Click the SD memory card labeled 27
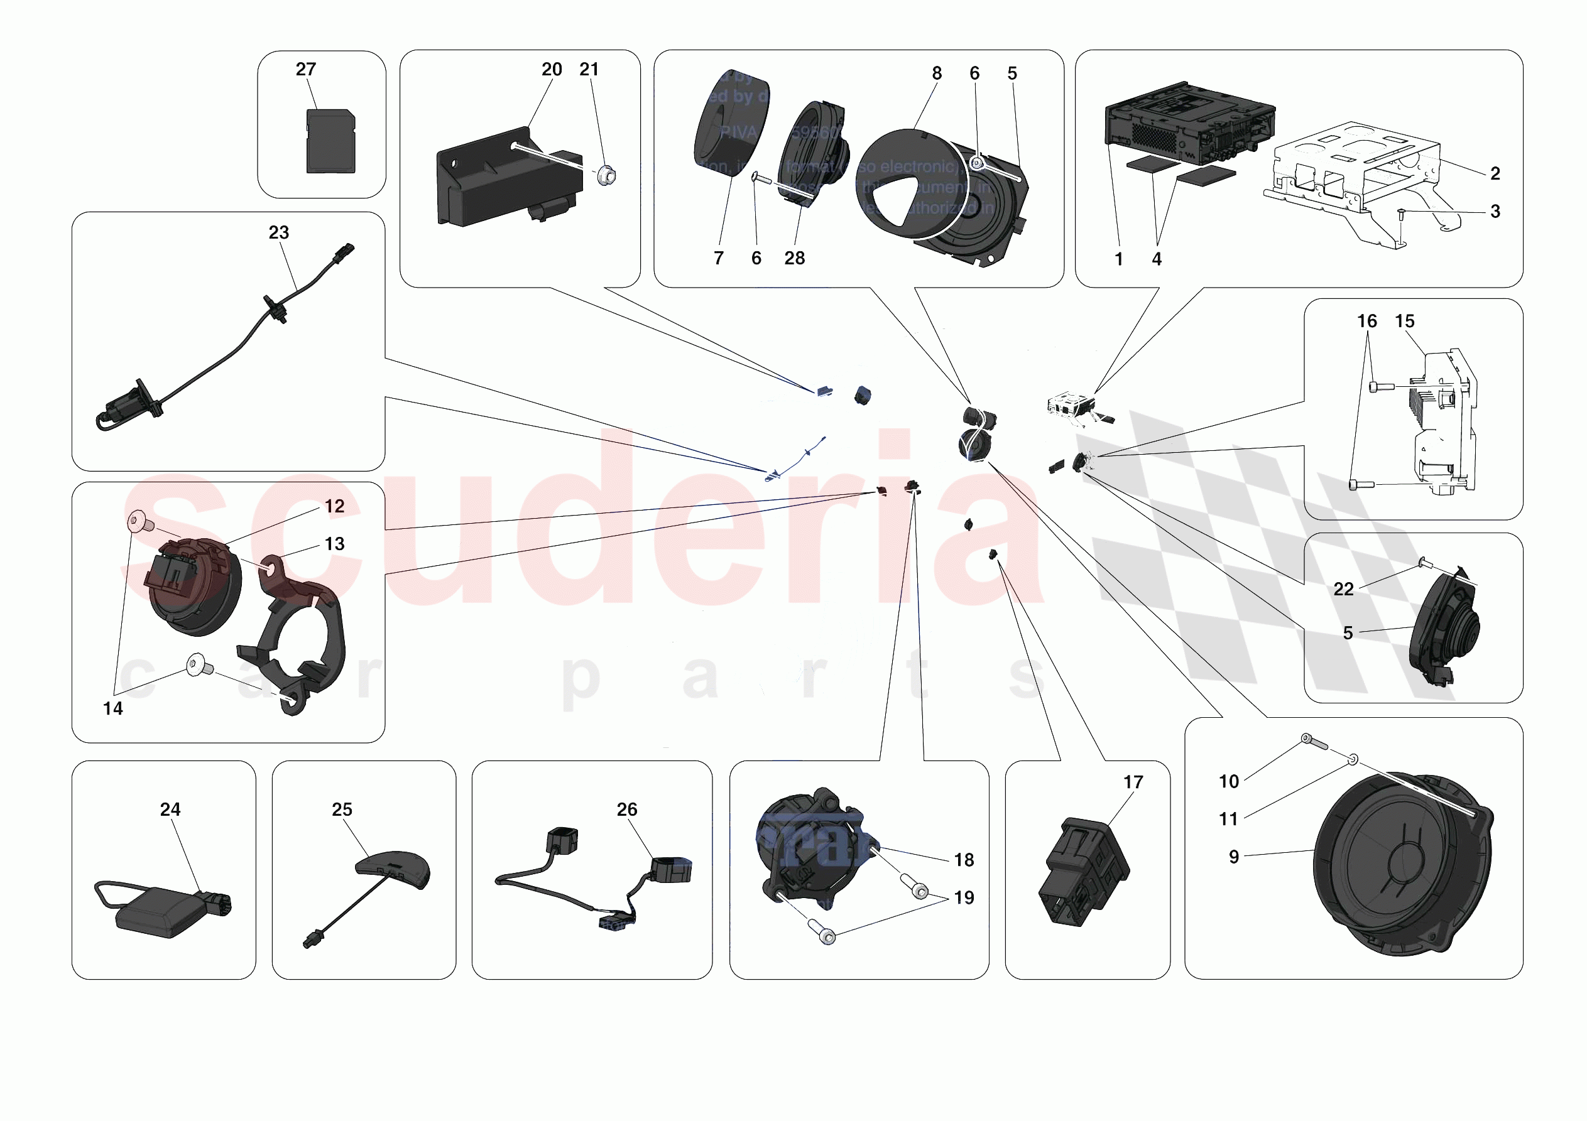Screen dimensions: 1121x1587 [x=330, y=143]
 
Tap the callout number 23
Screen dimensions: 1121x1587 [x=278, y=233]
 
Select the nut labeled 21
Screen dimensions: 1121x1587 [x=606, y=176]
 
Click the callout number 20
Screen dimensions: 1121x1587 [x=551, y=70]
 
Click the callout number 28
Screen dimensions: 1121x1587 [x=794, y=259]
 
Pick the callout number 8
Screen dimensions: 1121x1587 [x=937, y=73]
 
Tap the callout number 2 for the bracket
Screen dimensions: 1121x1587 [x=1495, y=173]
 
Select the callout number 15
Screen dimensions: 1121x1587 [x=1405, y=322]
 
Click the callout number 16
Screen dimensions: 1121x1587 [x=1366, y=322]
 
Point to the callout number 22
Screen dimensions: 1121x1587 [x=1343, y=590]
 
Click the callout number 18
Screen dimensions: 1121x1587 [x=964, y=860]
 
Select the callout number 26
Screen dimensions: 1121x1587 [x=626, y=810]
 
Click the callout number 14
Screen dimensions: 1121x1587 [x=112, y=709]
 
